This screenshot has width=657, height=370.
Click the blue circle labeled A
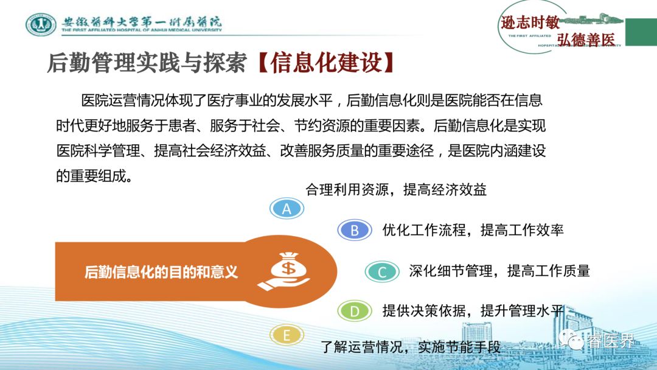coord(287,208)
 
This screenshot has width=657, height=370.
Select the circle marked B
coord(355,230)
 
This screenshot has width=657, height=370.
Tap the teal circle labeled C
coord(381,271)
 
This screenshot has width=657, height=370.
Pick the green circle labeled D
coord(355,311)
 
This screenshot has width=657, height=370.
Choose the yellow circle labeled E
coord(287,335)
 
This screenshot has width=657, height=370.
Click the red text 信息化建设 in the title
coord(326,63)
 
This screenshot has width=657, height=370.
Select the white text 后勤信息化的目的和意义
coord(161,272)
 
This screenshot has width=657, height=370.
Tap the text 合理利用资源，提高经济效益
coord(396,189)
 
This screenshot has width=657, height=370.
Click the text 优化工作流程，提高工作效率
coord(473,229)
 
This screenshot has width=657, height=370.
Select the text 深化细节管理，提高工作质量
coord(499,271)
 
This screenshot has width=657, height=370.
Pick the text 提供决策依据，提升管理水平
coord(473,310)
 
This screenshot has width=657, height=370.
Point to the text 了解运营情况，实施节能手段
coord(411,346)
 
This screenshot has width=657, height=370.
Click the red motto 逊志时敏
coord(530,22)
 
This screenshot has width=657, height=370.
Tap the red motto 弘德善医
coord(586,40)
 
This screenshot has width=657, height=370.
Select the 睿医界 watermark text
coord(610,341)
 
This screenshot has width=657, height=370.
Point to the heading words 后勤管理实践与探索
coord(147,63)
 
